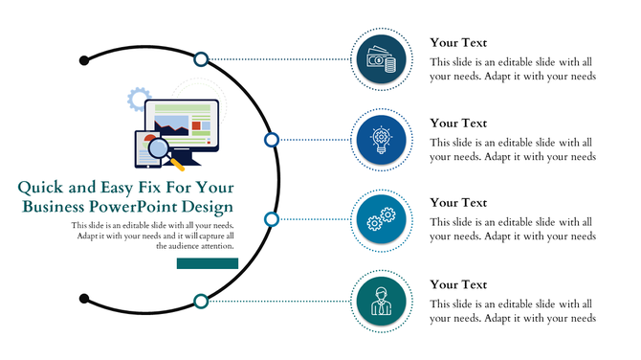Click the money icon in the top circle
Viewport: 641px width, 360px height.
[382, 59]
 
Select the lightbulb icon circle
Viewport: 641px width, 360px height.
[382, 140]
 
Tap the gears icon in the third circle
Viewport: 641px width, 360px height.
[382, 219]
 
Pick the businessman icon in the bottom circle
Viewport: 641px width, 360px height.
[382, 301]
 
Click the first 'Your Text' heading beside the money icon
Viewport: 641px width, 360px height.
[458, 43]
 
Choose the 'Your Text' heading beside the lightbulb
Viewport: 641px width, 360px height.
[458, 124]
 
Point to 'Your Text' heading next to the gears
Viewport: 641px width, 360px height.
[458, 203]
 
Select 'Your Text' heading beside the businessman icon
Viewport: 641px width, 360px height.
[458, 285]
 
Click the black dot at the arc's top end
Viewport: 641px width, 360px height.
[84, 60]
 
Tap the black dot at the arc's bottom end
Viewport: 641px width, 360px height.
[84, 297]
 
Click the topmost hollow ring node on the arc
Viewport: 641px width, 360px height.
[201, 59]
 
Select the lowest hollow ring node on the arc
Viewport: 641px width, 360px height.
[201, 302]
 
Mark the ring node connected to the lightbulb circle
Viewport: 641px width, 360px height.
[271, 140]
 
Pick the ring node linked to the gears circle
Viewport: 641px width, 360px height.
[271, 219]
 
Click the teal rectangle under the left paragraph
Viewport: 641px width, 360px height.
[207, 262]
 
